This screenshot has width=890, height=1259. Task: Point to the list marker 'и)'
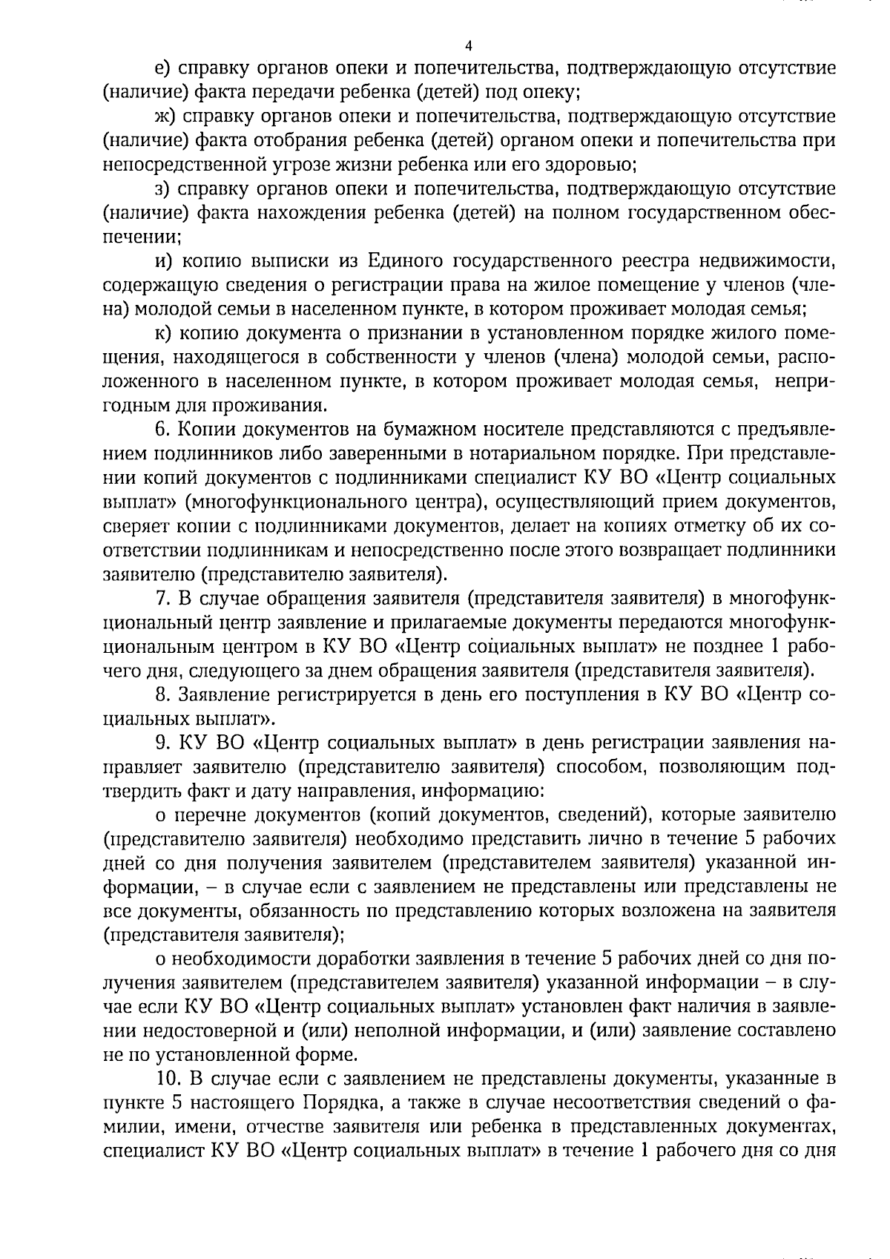[x=162, y=260]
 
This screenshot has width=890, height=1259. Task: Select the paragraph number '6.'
[x=162, y=430]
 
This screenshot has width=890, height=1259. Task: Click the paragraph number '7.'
[x=162, y=598]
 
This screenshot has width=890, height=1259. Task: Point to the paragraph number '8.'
[x=162, y=694]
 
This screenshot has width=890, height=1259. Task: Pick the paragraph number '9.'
[x=162, y=743]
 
